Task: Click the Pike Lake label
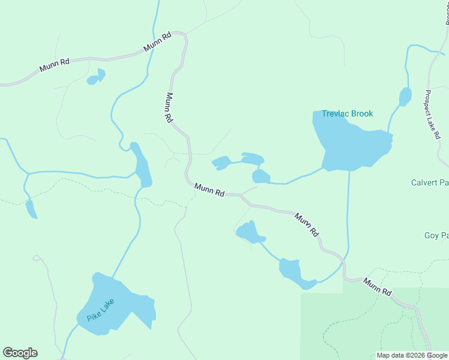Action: [100, 310]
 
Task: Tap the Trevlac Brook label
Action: [347, 113]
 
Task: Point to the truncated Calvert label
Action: [430, 182]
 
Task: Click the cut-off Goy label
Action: [436, 236]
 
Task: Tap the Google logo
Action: [20, 353]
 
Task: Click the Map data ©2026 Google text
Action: [412, 355]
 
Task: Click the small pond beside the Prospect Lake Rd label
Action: [405, 96]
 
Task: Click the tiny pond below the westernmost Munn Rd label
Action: [95, 77]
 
